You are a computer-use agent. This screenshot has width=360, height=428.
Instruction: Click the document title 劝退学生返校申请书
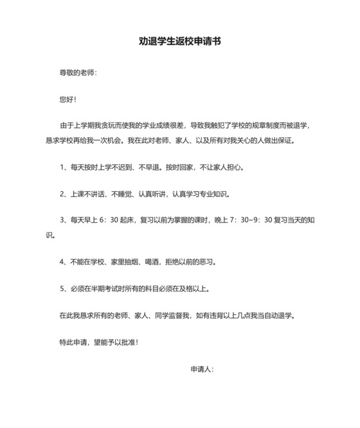point(180,41)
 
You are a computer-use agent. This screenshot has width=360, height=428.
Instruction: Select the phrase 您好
point(66,100)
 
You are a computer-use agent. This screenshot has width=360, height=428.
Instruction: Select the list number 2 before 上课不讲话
point(62,194)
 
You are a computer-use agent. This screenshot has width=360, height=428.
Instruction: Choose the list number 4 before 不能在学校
point(62,261)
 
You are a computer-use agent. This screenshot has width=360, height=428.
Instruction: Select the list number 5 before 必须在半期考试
point(62,288)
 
